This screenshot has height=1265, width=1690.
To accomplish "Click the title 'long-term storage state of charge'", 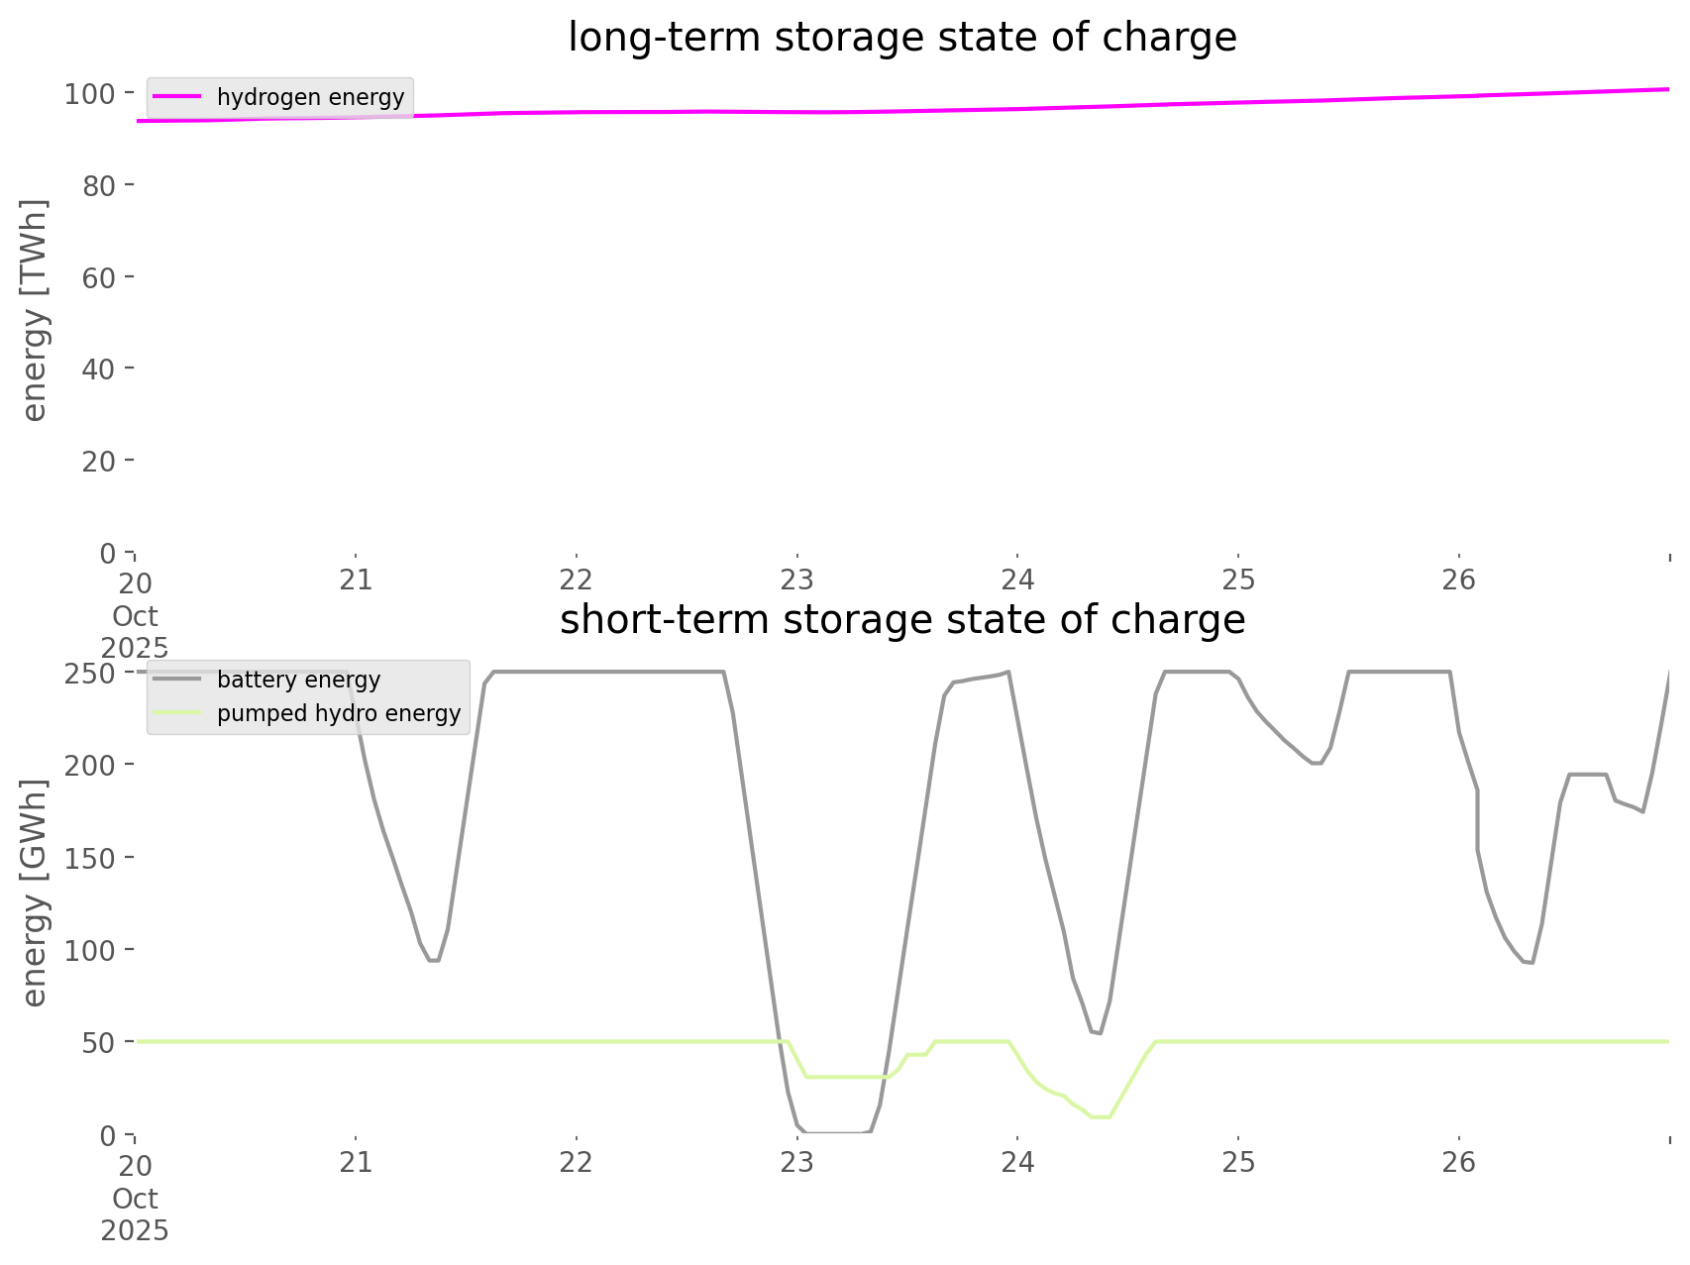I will [901, 38].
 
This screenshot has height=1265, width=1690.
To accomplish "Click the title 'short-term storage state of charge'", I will [901, 620].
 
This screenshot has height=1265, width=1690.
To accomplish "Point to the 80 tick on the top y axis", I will [99, 185].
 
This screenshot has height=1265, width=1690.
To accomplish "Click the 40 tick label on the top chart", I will [99, 369].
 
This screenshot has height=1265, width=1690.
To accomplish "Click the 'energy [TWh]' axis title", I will [35, 310].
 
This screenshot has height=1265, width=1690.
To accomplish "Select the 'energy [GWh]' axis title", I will [35, 893].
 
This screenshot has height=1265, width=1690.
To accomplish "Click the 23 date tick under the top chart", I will [796, 580].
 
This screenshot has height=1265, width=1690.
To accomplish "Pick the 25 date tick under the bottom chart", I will [1238, 1162].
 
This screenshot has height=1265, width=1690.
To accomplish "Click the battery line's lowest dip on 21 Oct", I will [433, 960].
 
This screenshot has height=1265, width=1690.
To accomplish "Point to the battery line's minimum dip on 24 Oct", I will [1097, 1033].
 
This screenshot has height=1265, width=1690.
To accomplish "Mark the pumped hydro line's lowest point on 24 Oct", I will [1100, 1116].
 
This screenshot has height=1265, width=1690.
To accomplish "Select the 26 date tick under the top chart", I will [1459, 580].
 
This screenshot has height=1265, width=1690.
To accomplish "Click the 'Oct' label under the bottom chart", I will [135, 1199].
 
